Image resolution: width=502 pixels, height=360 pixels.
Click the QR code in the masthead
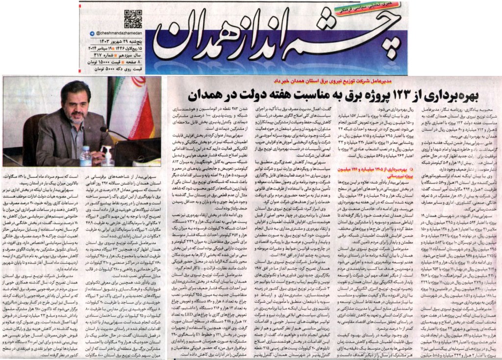point(132,18)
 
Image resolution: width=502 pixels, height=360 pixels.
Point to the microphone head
point(104,130)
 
